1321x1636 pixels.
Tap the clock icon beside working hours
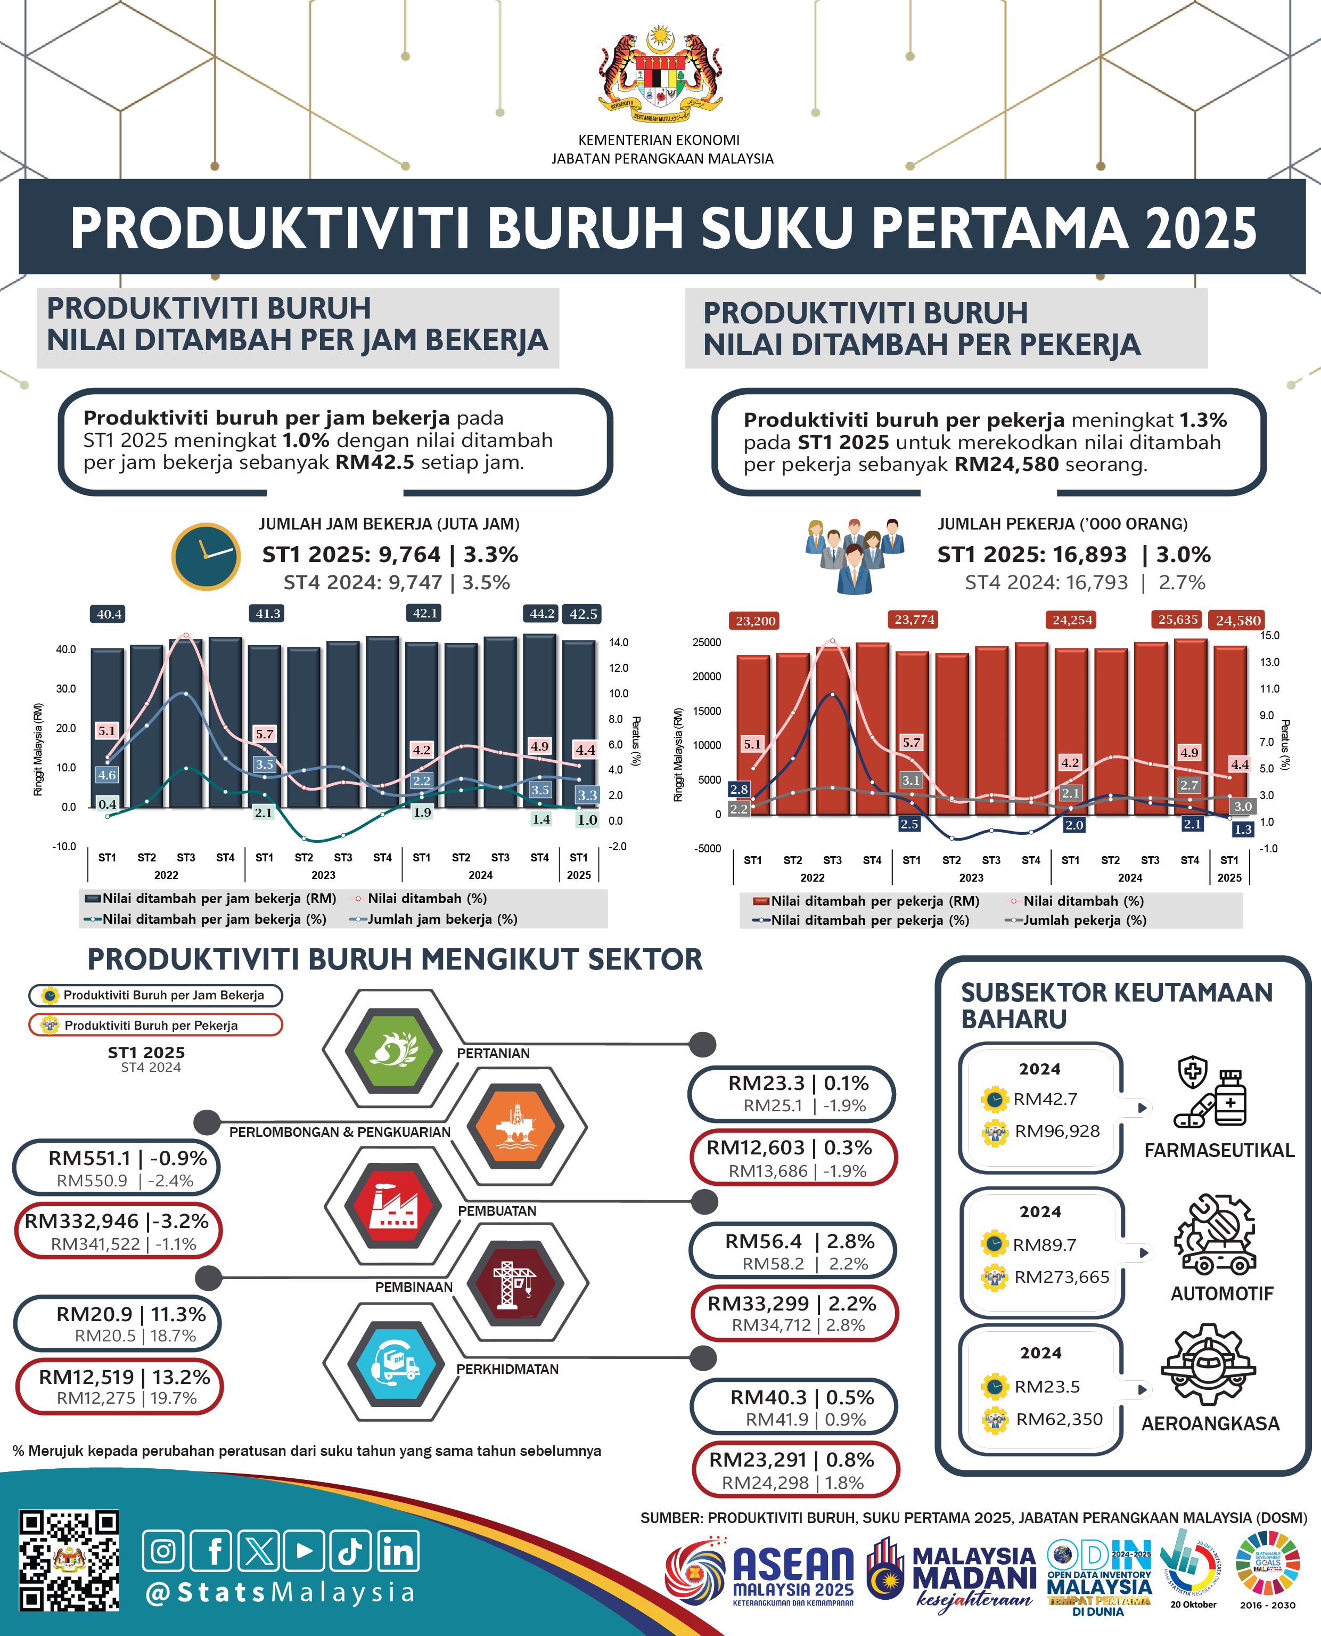206,557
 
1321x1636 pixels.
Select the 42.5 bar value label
583,614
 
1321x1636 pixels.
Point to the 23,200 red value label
755,621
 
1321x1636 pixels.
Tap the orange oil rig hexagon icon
515,1125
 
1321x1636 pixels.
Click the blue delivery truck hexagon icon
395,1363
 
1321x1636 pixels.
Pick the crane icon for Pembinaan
515,1283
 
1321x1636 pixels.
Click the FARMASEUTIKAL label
1219,1150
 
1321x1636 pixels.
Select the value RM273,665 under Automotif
1062,1276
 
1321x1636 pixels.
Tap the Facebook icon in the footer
211,1551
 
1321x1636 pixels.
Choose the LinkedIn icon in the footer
398,1551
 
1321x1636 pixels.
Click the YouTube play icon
303,1551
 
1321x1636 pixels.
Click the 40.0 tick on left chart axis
65,649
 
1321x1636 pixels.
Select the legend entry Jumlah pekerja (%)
1084,919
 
